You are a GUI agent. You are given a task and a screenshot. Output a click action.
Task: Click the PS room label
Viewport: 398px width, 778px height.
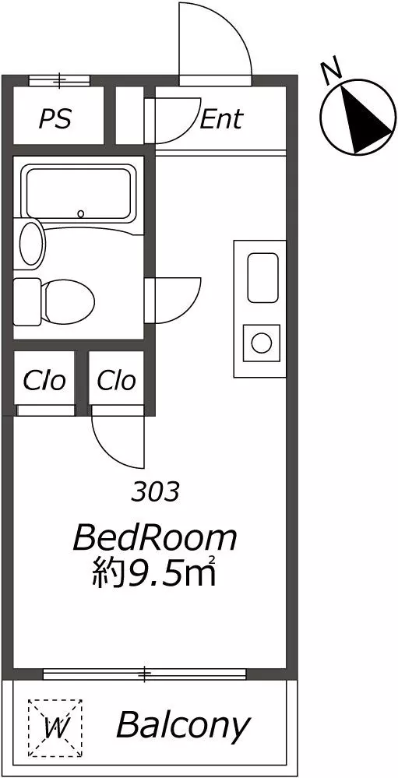55,119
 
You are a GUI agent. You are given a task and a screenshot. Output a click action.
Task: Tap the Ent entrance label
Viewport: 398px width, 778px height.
221,119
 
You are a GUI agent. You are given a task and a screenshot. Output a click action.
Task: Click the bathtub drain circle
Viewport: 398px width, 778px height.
81,214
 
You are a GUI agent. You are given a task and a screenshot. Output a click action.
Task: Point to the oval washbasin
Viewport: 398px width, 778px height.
31,244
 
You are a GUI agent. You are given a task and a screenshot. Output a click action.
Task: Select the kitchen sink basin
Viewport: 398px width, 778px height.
262,277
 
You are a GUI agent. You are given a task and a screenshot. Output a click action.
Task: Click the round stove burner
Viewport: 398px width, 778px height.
261,343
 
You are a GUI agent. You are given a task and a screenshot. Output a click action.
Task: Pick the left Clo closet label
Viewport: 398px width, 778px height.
44,381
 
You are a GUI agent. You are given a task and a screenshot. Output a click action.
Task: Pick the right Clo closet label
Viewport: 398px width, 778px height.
116,381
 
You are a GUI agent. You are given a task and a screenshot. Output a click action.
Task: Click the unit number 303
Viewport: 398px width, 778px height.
155,492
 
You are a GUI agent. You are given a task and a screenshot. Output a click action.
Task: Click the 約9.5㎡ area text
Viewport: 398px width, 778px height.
154,572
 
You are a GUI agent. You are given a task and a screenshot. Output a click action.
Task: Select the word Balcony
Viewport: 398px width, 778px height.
181,725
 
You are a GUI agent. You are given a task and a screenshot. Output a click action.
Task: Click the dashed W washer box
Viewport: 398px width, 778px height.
55,727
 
